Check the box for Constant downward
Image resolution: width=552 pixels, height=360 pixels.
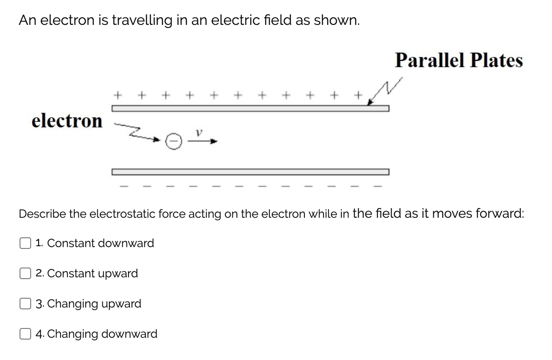(x=24, y=244)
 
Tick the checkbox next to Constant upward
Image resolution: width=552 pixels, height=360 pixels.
(x=24, y=274)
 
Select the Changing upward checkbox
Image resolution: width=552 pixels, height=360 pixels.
(x=24, y=304)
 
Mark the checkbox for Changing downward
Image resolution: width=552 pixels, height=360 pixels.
(x=24, y=334)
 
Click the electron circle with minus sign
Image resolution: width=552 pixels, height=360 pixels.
(x=174, y=142)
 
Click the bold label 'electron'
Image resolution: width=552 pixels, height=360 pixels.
(x=67, y=120)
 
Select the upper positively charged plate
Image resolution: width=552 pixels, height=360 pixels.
(x=250, y=108)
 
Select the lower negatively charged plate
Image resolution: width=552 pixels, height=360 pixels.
(x=250, y=172)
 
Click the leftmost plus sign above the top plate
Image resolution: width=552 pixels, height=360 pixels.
(x=118, y=95)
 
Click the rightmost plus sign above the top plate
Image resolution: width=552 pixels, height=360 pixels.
(x=357, y=95)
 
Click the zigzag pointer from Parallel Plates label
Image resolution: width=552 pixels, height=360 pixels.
(x=385, y=92)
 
